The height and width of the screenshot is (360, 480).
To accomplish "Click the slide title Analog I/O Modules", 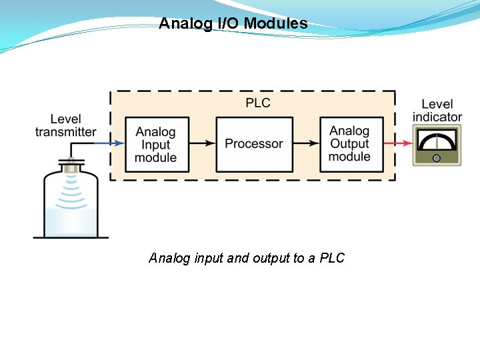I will point(233,24).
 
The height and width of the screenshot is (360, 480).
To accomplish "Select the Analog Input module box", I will point(156,144).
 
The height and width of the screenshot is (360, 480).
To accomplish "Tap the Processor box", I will point(254,143).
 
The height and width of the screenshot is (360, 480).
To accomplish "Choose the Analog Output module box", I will point(349,143).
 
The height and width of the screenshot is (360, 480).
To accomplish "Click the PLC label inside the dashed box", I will point(258,103).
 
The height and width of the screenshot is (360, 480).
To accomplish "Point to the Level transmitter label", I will point(65,125).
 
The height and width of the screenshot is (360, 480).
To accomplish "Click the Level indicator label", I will point(437,111).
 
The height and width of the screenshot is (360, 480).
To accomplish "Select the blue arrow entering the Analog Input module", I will point(109,143).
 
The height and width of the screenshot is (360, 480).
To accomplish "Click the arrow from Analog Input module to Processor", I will point(202,143).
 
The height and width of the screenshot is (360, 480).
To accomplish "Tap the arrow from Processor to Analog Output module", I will point(305,143).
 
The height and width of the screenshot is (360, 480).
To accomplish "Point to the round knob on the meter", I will point(436,158).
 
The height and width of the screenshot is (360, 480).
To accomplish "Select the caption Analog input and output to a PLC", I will point(247,258).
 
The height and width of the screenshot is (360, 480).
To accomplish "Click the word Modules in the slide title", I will point(275,24).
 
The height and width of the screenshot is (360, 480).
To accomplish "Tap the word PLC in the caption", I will point(332,258).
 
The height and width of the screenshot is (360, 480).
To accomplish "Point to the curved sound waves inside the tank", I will point(70,190).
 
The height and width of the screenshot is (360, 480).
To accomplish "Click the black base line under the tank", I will point(71,237).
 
